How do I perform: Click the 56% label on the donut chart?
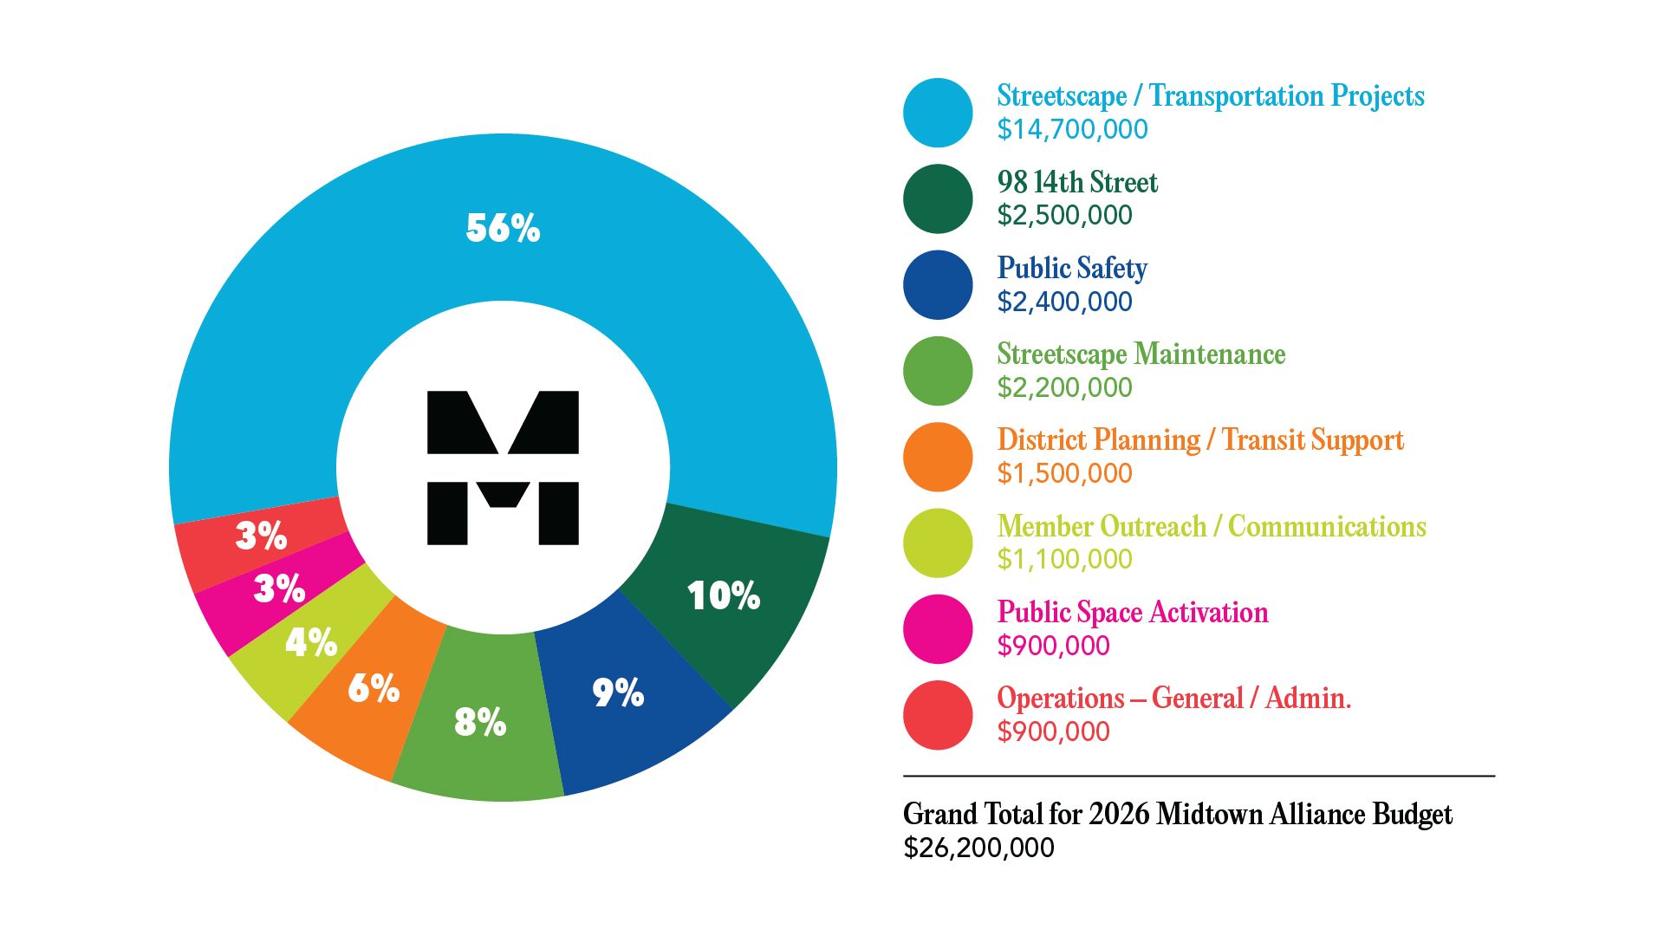pos(503,228)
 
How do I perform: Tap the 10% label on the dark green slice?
pos(723,595)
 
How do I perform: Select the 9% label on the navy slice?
pos(618,692)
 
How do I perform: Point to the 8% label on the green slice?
pos(480,721)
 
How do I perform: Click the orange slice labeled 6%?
pos(373,688)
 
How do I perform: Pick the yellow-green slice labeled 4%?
pos(310,642)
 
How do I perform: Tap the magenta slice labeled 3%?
pos(279,588)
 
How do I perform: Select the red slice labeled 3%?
pos(261,536)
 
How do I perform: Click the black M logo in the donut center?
pos(503,468)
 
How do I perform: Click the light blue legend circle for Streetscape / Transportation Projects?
pos(938,113)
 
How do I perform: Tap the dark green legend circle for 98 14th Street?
pos(938,198)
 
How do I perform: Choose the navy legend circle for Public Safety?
pos(938,284)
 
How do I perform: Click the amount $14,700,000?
pos(1072,129)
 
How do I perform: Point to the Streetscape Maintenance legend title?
pos(1141,354)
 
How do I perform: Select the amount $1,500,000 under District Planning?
pos(1064,473)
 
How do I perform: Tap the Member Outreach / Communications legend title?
pos(1211,526)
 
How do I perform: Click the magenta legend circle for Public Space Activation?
pos(938,629)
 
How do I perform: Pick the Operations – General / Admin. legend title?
pos(1173,698)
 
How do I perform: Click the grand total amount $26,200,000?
pos(978,848)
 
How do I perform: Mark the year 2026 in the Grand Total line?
pos(1119,814)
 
